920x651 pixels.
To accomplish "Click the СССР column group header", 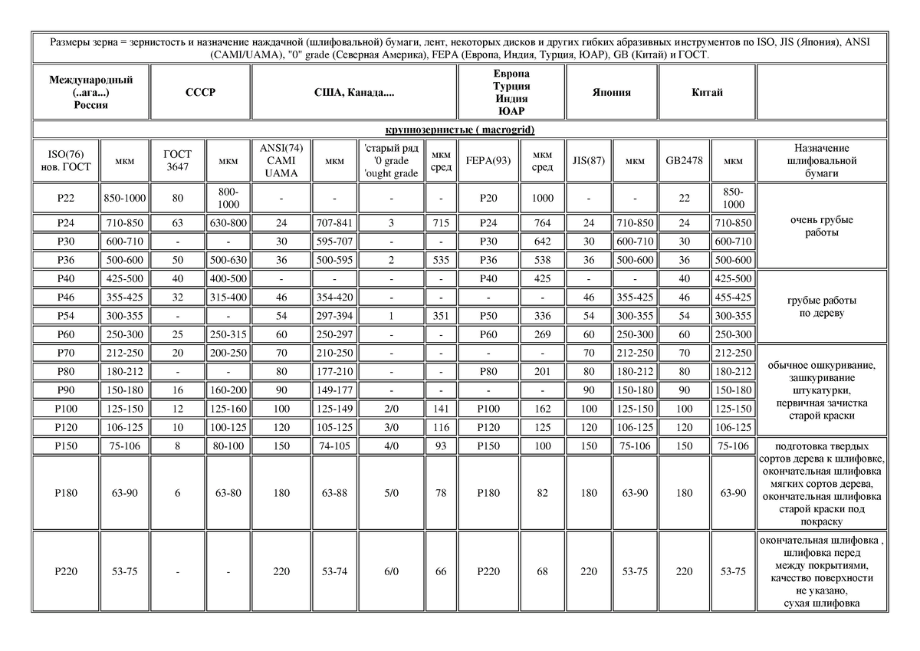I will (x=200, y=92).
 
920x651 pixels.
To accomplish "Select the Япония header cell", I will (x=611, y=92).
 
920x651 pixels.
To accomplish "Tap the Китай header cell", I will (x=707, y=92).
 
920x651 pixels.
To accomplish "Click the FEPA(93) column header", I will (x=488, y=161).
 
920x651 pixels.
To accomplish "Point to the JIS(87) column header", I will (x=589, y=161).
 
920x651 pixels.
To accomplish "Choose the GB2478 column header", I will (x=684, y=161).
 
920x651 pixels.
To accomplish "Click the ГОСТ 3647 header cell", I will (x=177, y=161).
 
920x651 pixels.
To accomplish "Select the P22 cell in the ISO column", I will (x=66, y=199).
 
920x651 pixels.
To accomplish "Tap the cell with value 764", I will (x=542, y=223).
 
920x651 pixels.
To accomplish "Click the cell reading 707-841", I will (x=334, y=223).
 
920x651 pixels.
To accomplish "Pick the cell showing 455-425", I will (x=733, y=296).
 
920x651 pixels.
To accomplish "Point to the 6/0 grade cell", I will (x=391, y=571).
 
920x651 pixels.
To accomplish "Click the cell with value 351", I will (x=440, y=316).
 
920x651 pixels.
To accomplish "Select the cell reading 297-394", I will (x=334, y=316).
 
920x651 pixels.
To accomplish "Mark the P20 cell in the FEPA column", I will (x=488, y=199).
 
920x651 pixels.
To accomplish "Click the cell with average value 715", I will (x=440, y=223).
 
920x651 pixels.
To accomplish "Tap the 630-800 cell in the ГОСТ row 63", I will (x=227, y=223).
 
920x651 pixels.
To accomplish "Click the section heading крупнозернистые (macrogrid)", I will (x=459, y=130).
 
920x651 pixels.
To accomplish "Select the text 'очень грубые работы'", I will (x=821, y=226).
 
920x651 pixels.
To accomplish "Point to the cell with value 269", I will (x=542, y=334).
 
